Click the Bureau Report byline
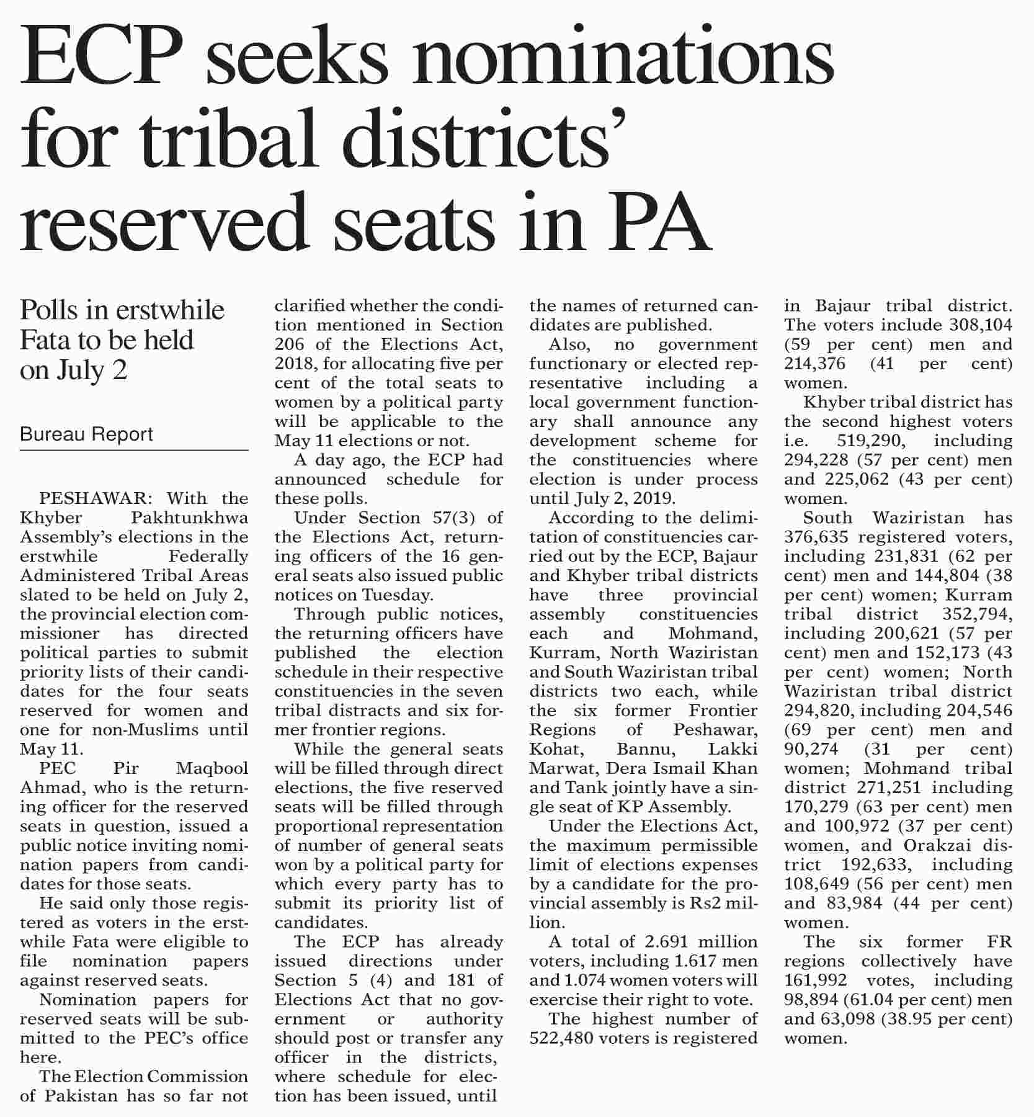click(86, 434)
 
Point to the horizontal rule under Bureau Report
click(134, 451)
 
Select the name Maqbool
click(212, 768)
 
